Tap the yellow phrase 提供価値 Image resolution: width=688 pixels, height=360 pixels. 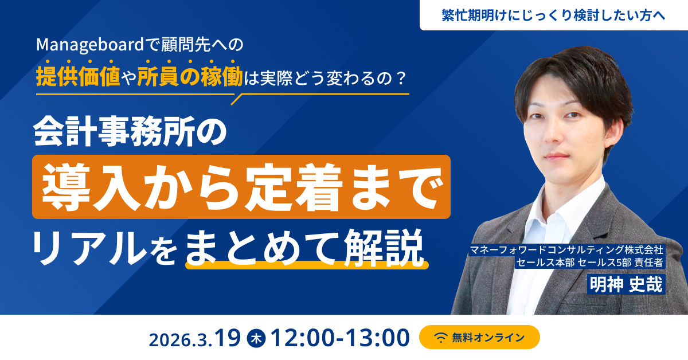[77, 76]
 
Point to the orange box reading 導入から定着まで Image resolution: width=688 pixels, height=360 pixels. [241, 186]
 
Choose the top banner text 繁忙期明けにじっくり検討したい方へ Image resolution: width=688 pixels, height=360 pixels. [553, 15]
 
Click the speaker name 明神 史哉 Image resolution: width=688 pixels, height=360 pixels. [626, 284]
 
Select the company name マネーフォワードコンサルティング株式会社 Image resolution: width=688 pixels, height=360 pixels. [566, 251]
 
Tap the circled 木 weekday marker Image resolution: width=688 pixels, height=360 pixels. [255, 338]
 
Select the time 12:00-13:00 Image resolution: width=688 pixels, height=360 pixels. [341, 337]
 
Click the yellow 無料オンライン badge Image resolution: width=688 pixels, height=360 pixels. [479, 337]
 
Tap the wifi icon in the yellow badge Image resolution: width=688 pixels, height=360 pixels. [441, 338]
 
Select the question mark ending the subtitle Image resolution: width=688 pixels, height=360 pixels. [402, 77]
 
